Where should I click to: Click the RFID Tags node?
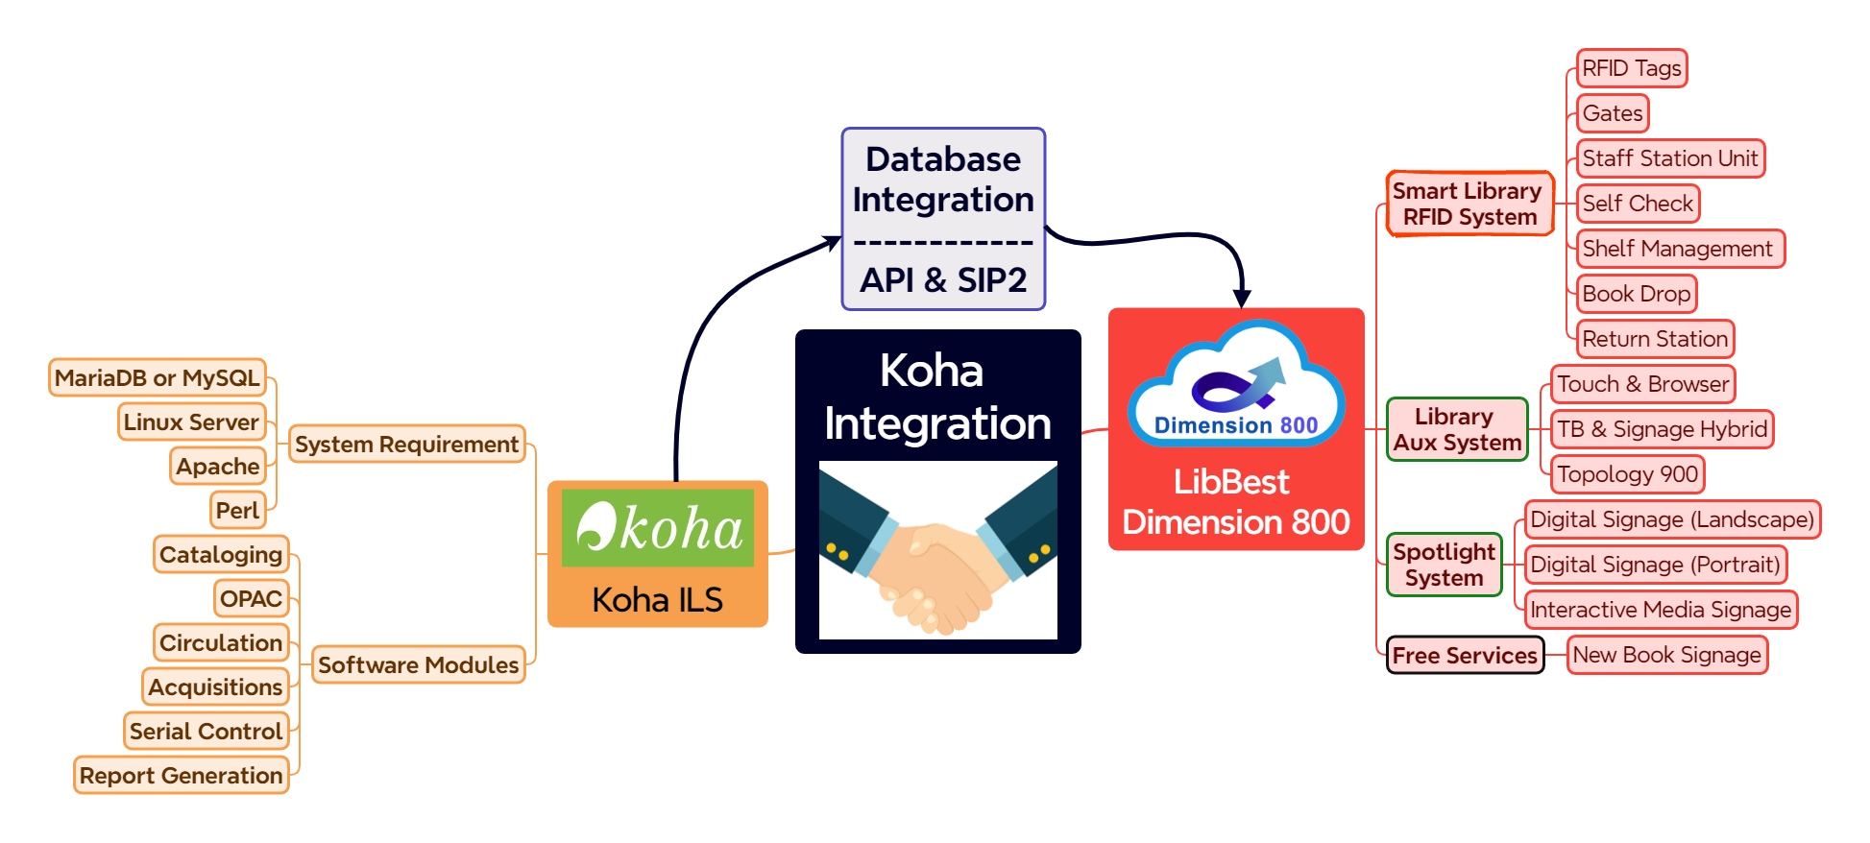[1631, 68]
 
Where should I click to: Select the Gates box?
[1613, 113]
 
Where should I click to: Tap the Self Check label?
[1638, 204]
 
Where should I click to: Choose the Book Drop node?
[1636, 294]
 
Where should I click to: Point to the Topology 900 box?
[1627, 474]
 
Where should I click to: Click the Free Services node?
[1465, 656]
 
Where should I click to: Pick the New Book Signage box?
[1666, 655]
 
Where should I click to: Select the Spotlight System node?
[1444, 565]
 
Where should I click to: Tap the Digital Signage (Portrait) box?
[1655, 565]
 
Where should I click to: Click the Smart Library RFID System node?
[1469, 204]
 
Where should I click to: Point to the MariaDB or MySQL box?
[158, 377]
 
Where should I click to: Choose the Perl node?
[237, 510]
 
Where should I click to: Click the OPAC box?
[251, 598]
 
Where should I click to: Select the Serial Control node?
[206, 731]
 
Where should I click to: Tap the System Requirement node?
[406, 444]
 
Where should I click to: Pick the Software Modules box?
[418, 664]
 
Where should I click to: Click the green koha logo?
[658, 527]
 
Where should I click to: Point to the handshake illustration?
[937, 550]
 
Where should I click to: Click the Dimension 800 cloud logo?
[1236, 384]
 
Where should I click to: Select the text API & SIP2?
[943, 279]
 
